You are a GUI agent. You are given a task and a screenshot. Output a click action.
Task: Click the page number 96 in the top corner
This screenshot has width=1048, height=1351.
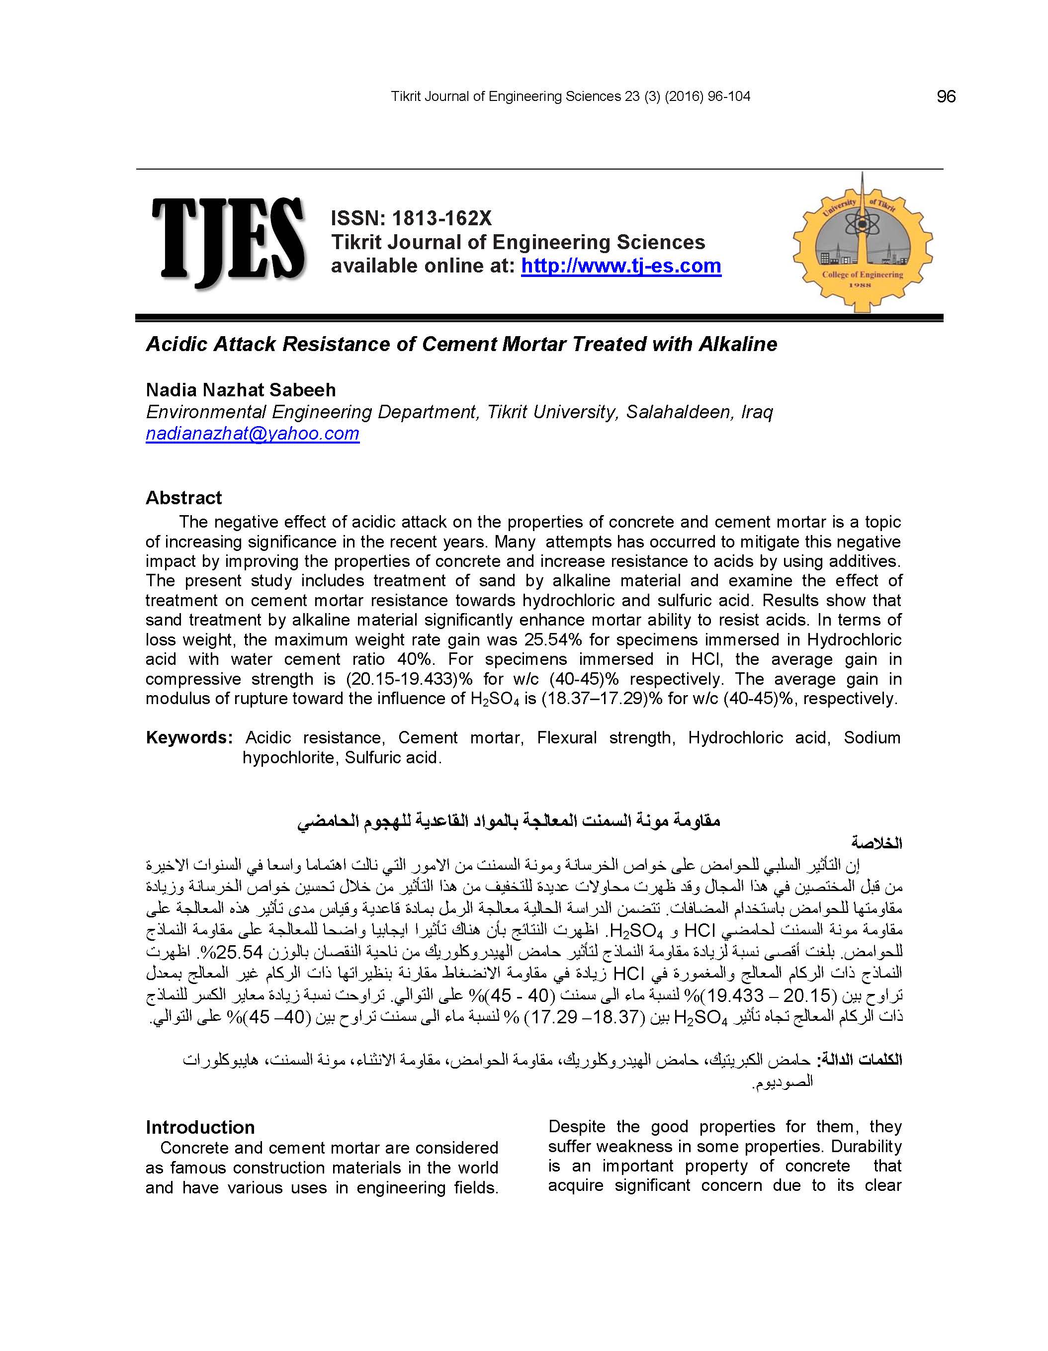pos(946,96)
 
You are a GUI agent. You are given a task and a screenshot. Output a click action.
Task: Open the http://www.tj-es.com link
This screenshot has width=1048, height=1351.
pos(621,266)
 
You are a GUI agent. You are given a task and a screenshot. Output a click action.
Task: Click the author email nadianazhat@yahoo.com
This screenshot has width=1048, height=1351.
pos(253,434)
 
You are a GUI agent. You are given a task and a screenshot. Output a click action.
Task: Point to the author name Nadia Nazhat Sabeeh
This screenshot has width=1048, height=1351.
pos(241,390)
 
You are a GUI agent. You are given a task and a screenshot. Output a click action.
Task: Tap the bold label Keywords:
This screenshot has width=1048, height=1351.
pos(189,738)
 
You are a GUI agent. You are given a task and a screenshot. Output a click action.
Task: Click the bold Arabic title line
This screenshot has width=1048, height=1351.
pos(509,821)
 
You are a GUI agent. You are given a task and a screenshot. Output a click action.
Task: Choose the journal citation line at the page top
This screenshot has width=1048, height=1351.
pos(570,96)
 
